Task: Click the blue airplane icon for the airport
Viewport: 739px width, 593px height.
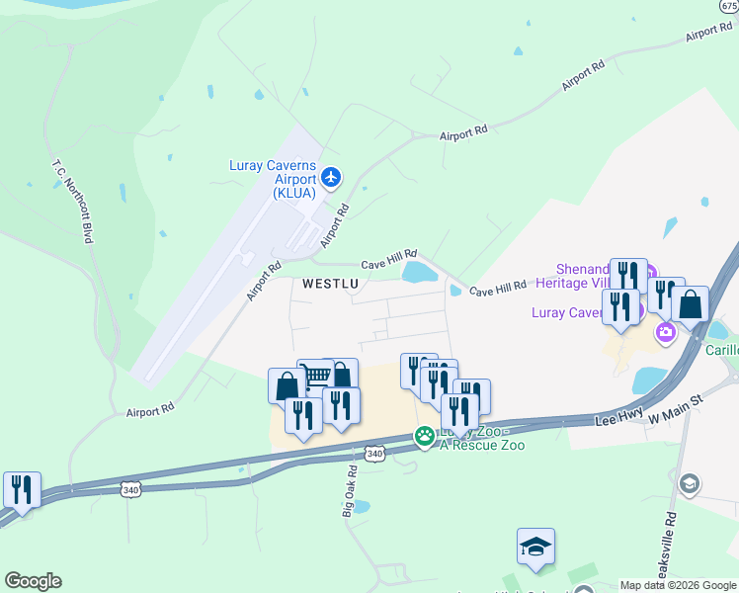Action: [x=331, y=178]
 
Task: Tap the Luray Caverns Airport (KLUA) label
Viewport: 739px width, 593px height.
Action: [x=273, y=179]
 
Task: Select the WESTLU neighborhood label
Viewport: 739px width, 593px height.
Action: [x=329, y=283]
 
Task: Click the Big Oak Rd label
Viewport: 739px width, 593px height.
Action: [x=348, y=491]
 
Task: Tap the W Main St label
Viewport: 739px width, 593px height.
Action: [x=674, y=408]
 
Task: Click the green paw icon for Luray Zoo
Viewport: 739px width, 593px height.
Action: [x=425, y=436]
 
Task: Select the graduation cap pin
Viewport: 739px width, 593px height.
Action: [x=534, y=546]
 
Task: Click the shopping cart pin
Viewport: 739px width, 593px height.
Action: [x=314, y=376]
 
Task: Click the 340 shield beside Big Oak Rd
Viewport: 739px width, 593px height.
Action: [x=374, y=454]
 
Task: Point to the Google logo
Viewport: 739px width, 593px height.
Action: [x=33, y=581]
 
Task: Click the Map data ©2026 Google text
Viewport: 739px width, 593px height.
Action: [x=679, y=585]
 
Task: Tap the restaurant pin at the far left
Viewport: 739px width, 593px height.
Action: [x=21, y=489]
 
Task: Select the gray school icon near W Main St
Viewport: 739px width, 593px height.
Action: [x=690, y=484]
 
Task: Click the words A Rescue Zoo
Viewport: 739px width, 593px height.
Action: [x=482, y=446]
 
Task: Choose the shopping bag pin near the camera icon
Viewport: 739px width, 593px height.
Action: [x=691, y=303]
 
